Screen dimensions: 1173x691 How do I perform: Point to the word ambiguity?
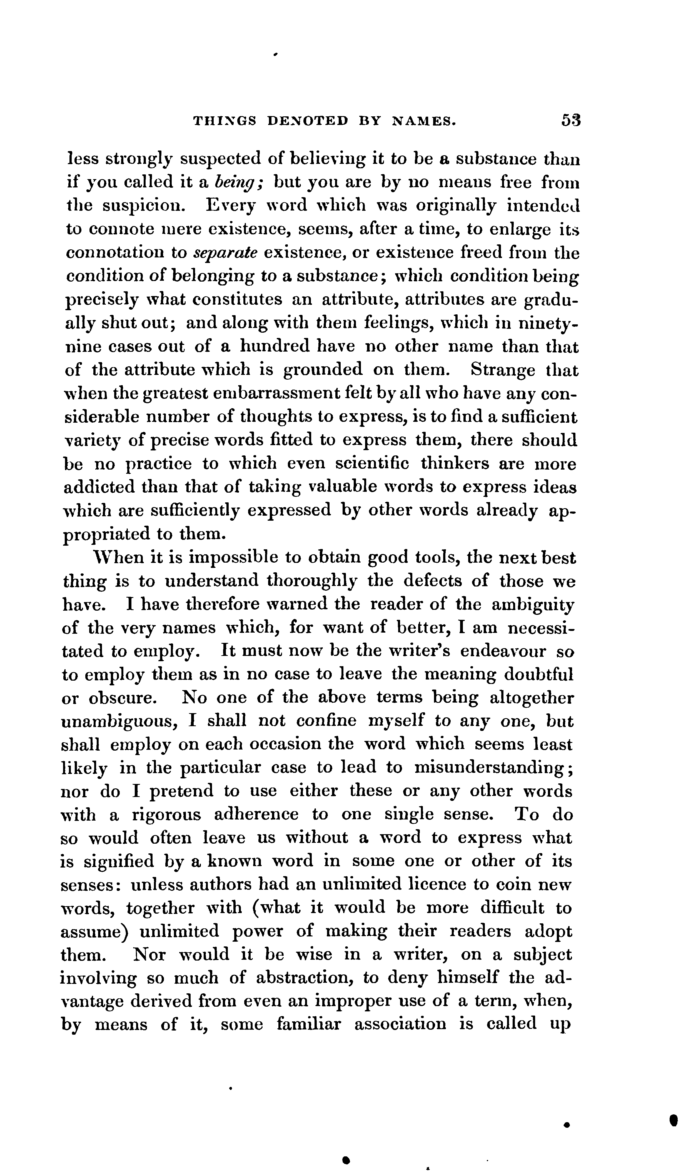coord(533,605)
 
